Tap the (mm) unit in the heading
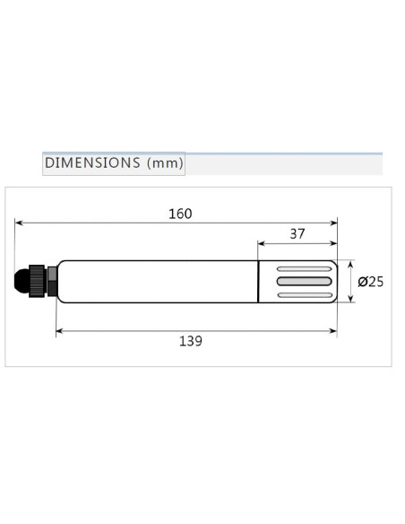tap(166, 163)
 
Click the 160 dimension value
tap(180, 214)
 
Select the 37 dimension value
tap(297, 234)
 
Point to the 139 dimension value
tap(190, 341)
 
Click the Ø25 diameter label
tap(370, 282)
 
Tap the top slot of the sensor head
tap(303, 269)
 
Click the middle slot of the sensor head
tap(303, 282)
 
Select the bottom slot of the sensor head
tap(303, 294)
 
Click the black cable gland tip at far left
tap(20, 281)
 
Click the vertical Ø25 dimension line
tap(350, 282)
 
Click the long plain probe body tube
tap(157, 282)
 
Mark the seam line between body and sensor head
tap(258, 282)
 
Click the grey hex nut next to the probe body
tap(52, 281)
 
